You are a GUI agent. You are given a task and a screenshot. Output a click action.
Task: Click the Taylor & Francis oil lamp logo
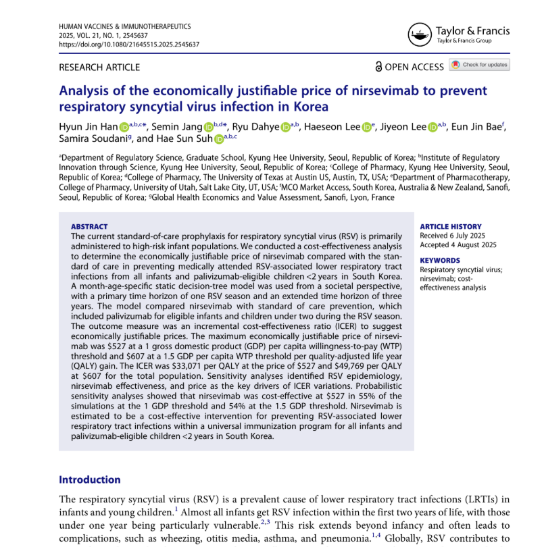tap(418, 34)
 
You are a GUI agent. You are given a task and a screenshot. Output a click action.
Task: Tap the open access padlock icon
tap(378, 66)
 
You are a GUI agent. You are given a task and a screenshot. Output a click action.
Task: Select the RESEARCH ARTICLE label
tap(100, 67)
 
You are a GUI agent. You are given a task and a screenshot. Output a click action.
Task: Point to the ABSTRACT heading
tap(89, 227)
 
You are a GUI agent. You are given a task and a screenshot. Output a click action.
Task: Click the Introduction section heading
tap(90, 479)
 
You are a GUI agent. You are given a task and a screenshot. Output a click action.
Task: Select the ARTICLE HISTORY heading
tap(451, 227)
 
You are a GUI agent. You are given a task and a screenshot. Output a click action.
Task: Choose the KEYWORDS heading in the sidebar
tap(440, 260)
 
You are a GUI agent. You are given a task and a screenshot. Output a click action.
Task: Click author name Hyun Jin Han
tap(89, 127)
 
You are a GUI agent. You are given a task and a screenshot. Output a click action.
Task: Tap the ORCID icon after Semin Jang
tap(209, 127)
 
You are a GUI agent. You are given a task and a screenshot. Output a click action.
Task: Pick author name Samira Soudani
tap(85, 140)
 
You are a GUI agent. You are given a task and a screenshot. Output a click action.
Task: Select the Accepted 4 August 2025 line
tap(458, 244)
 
